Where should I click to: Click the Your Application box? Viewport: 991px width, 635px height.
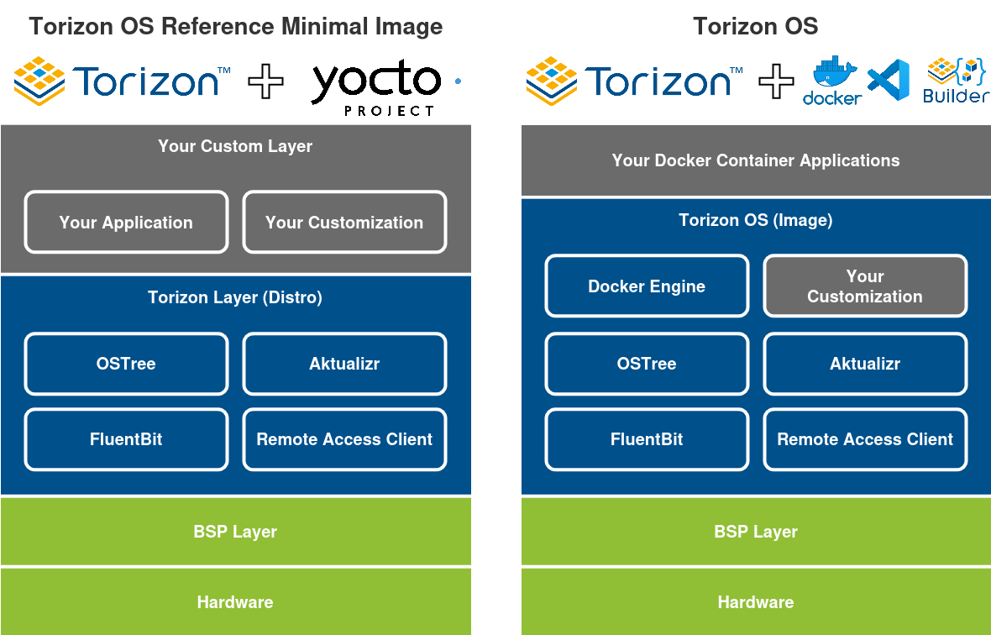(x=126, y=223)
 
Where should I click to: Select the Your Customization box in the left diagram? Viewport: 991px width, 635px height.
(x=344, y=223)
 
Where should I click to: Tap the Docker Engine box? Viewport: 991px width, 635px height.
(x=647, y=286)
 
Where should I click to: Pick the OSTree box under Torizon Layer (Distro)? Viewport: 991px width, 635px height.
(x=126, y=364)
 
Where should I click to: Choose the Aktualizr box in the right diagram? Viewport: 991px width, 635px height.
(x=865, y=364)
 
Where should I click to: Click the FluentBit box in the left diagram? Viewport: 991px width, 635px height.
(x=126, y=439)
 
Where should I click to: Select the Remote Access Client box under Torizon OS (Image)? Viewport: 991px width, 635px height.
(x=865, y=439)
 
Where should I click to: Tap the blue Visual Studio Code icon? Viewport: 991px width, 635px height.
(x=889, y=81)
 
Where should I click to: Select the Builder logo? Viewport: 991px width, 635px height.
(x=956, y=81)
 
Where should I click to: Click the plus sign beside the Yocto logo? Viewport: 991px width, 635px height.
(x=265, y=81)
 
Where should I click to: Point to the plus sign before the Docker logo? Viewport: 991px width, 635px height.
(x=776, y=81)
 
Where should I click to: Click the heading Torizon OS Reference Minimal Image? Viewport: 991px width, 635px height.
(x=236, y=27)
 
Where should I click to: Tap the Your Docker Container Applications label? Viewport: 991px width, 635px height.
(x=756, y=160)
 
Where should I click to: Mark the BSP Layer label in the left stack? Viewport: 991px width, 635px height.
(x=235, y=532)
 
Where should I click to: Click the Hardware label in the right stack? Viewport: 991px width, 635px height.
(x=756, y=602)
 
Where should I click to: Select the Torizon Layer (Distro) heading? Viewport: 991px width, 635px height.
(x=235, y=297)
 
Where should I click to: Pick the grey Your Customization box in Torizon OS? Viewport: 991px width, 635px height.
(x=865, y=286)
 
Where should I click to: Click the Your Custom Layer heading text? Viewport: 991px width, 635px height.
(x=235, y=146)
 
